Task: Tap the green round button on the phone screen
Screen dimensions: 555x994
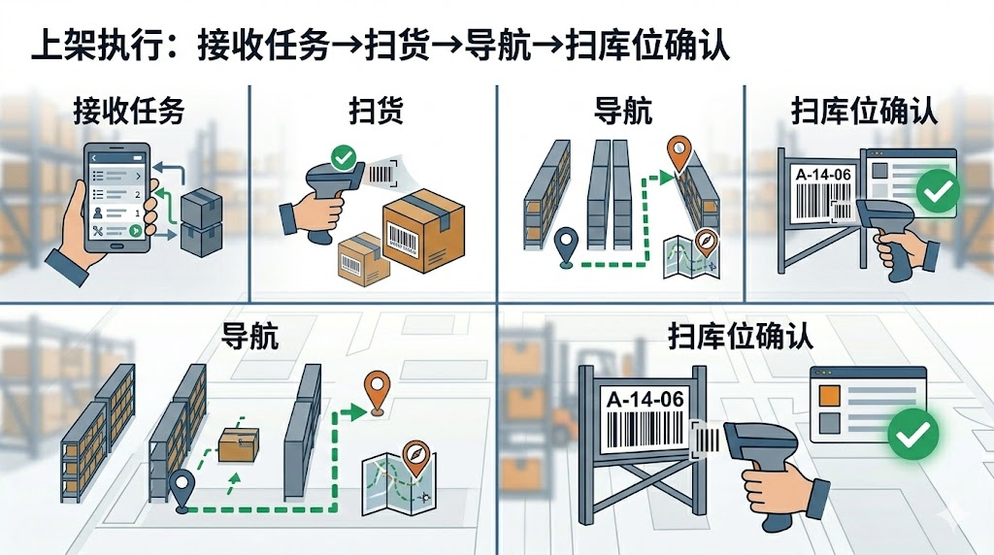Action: (x=134, y=231)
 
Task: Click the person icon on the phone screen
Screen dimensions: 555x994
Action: (x=97, y=212)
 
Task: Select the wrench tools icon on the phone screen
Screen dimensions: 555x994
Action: (x=97, y=231)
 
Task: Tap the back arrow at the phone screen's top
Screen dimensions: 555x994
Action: (x=93, y=157)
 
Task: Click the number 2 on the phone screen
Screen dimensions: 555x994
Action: (x=137, y=194)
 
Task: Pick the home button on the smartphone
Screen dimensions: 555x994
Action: (x=116, y=247)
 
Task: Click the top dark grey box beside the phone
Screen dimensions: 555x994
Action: (x=201, y=203)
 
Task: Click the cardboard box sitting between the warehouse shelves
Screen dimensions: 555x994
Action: (x=238, y=445)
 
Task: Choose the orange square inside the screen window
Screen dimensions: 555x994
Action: (x=830, y=395)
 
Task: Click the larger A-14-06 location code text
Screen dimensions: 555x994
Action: (x=644, y=399)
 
